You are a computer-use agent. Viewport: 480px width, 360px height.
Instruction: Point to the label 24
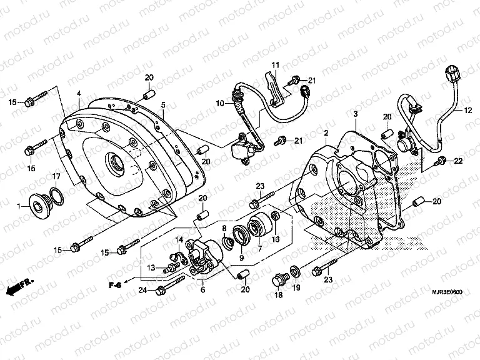coord(142,289)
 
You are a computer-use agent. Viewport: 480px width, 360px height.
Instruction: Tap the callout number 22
coord(458,161)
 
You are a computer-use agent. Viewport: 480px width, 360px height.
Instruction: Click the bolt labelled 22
coord(441,161)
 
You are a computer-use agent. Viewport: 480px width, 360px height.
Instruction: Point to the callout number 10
coord(220,103)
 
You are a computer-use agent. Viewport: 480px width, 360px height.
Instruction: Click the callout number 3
coord(355,114)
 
